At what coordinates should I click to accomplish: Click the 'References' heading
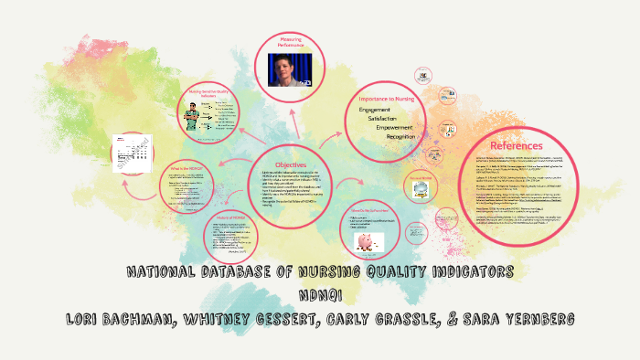517,145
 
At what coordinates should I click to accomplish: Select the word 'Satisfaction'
389,119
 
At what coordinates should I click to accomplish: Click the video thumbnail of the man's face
289,70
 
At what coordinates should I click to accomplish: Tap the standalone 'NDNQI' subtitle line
320,294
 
